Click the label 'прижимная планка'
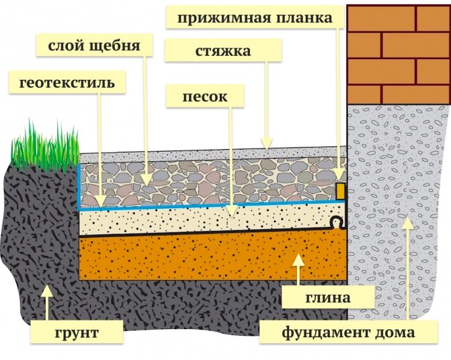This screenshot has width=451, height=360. point(255,17)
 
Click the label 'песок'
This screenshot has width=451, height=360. point(204,96)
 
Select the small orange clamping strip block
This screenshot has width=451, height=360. point(340,191)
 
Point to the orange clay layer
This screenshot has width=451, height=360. point(202,259)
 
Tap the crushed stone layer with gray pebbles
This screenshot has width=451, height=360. point(202,181)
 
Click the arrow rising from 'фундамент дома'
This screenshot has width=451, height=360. point(405,269)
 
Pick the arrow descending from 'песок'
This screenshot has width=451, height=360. point(232,161)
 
